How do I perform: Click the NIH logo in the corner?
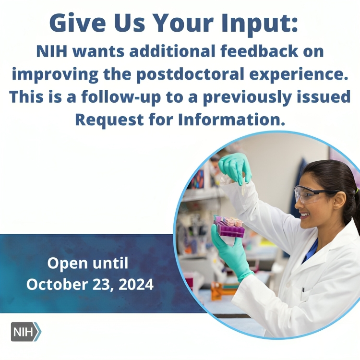tap(26, 332)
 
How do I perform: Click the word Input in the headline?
tap(259, 24)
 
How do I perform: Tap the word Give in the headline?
tap(78, 23)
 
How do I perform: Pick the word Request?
tap(109, 120)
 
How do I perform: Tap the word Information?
tap(231, 120)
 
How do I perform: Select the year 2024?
tap(136, 284)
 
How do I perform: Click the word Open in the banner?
tap(68, 264)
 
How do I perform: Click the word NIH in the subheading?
tap(52, 51)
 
